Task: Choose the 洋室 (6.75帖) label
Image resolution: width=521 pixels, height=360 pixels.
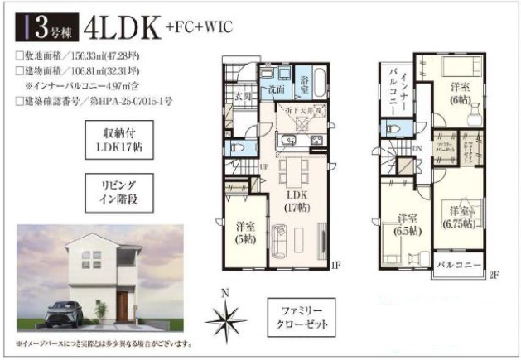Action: click(x=457, y=217)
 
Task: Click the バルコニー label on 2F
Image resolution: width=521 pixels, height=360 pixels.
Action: click(x=461, y=267)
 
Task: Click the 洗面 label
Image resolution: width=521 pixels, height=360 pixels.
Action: click(x=277, y=89)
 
